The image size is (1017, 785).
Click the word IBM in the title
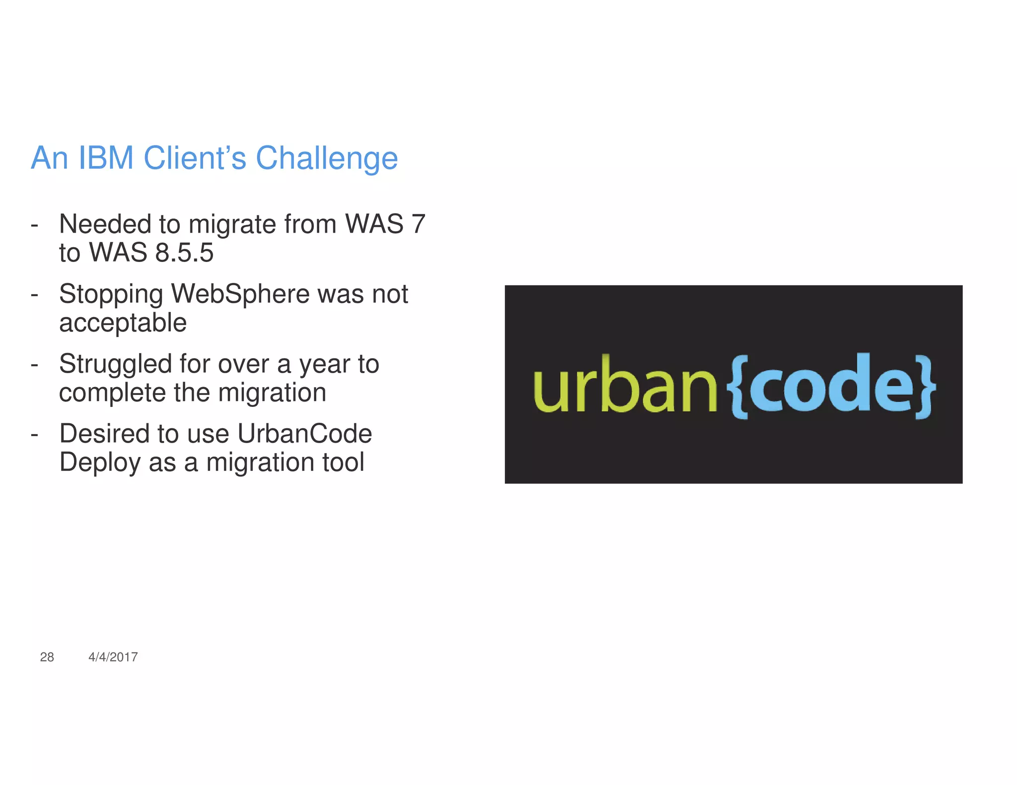(106, 158)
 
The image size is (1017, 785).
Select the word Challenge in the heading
(326, 158)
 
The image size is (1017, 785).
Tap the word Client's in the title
(195, 158)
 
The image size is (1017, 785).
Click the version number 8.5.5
(184, 253)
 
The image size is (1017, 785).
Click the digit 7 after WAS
(418, 224)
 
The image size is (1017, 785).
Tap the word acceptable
(123, 323)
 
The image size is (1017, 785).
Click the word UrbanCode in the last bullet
(304, 434)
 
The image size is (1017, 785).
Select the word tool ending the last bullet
(343, 462)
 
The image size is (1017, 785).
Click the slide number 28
(47, 657)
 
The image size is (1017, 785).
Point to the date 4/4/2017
(113, 657)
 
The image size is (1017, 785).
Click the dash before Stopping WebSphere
(34, 295)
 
